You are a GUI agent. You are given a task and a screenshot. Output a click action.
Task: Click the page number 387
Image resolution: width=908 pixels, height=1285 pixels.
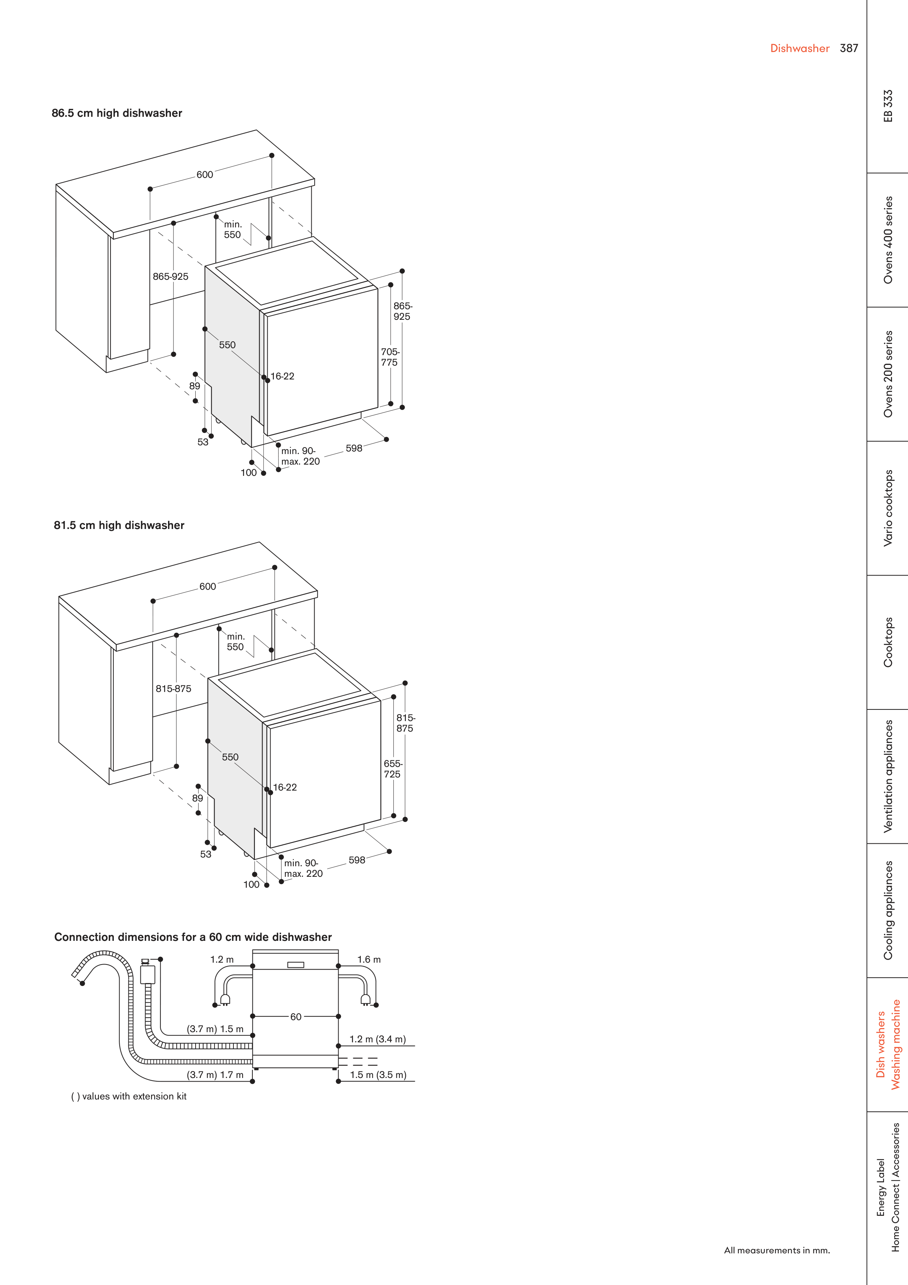849,48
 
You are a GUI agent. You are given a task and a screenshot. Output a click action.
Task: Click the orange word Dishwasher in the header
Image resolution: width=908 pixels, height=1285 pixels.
800,48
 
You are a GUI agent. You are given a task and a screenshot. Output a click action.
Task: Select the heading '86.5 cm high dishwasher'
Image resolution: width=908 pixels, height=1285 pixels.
117,113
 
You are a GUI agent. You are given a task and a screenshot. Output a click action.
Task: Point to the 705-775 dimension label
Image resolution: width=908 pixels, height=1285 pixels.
390,357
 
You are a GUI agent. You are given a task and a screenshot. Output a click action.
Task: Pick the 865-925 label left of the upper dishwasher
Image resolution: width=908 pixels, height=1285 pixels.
171,277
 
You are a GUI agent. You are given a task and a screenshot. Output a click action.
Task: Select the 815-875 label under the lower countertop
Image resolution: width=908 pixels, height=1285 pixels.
173,688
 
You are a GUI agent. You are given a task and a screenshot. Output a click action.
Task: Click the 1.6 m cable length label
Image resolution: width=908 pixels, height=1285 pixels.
369,959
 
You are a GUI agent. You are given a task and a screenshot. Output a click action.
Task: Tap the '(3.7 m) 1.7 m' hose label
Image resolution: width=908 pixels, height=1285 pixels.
215,1075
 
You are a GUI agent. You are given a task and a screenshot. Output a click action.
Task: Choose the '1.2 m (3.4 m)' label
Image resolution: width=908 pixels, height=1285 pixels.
377,1039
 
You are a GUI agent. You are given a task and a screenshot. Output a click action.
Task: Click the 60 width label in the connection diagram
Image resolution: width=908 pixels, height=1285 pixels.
296,1017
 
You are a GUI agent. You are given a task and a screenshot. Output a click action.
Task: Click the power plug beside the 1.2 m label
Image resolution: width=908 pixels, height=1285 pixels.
225,999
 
